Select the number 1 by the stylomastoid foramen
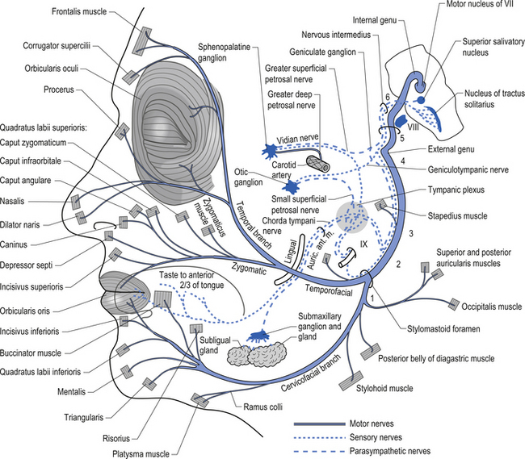[372, 298]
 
